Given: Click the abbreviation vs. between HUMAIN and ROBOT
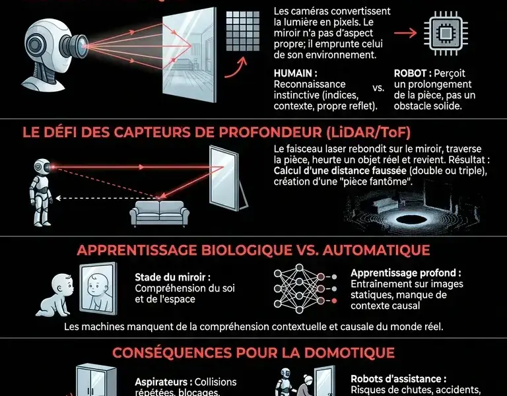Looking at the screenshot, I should (378, 87).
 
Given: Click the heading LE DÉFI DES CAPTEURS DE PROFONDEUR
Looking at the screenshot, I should (211, 131).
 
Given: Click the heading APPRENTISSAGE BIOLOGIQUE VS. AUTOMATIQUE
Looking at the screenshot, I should (253, 251).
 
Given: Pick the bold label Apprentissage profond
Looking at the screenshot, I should (405, 273).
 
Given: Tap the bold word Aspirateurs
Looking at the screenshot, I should (163, 382).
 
